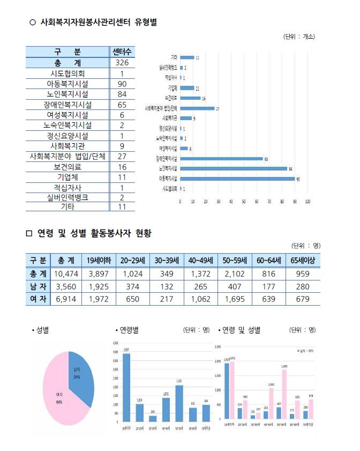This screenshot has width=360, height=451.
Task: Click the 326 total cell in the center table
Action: point(122,63)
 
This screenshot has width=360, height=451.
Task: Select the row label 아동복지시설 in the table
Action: point(67,84)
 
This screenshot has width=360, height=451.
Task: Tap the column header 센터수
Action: point(122,52)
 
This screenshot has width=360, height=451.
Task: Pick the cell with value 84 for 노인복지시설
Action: point(122,94)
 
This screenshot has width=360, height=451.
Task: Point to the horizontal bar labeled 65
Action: point(221,159)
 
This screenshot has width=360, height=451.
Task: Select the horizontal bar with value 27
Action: point(197,108)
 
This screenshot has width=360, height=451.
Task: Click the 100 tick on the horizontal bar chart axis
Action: point(307,202)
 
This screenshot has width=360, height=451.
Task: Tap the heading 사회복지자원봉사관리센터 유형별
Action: point(99,23)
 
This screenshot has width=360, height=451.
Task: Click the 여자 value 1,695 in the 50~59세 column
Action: point(232,299)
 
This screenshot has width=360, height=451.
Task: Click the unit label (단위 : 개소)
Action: point(298,37)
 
